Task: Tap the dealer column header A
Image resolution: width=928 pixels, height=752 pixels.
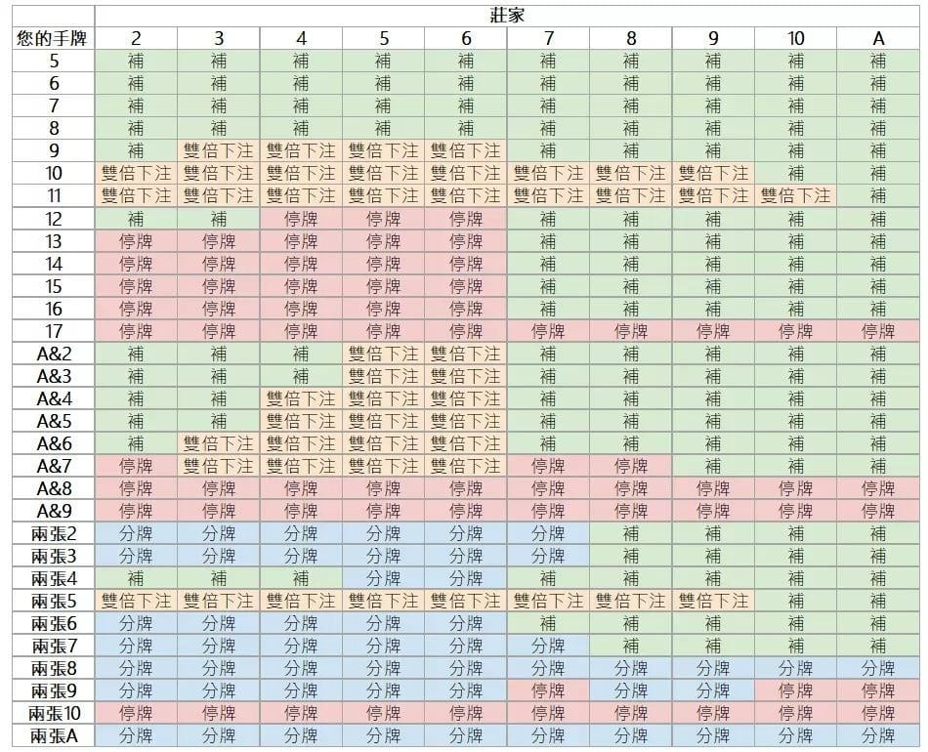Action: tap(878, 38)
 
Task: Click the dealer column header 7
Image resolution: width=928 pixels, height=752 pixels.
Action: tap(548, 38)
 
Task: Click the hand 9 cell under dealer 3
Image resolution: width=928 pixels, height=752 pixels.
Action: tap(218, 150)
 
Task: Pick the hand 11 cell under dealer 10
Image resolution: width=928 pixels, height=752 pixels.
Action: tap(795, 195)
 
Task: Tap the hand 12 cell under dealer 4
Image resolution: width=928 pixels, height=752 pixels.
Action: tap(301, 219)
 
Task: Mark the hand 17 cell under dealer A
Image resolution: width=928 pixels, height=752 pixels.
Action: tap(878, 331)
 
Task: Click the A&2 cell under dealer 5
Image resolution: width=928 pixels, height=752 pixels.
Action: tap(383, 354)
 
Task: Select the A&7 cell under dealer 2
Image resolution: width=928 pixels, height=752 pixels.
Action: tap(136, 466)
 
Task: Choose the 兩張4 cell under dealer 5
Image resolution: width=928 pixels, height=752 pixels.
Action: tap(383, 578)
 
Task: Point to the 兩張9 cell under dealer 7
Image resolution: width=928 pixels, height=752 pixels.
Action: tap(548, 690)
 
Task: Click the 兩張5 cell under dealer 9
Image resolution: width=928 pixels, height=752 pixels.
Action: tap(713, 601)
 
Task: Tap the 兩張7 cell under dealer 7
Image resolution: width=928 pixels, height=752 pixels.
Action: tap(548, 646)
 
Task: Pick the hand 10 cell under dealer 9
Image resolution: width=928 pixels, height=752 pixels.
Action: tap(713, 173)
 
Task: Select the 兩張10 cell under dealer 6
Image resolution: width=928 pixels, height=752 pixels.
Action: tap(466, 713)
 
